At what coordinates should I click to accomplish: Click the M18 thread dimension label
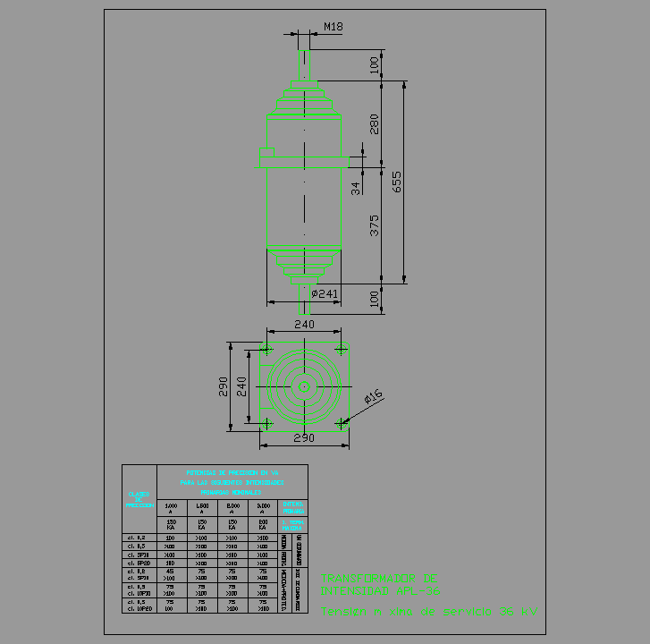[x=333, y=27]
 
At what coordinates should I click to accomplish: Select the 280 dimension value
[x=375, y=123]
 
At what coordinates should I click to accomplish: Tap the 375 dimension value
[x=375, y=225]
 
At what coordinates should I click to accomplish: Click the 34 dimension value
[x=356, y=188]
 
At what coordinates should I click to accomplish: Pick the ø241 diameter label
[x=325, y=293]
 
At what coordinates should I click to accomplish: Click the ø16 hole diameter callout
[x=373, y=395]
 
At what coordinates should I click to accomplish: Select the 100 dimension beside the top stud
[x=375, y=64]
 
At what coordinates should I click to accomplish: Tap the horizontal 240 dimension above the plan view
[x=305, y=325]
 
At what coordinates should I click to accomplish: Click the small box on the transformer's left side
[x=262, y=158]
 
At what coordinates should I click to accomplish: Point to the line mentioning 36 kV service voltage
[x=430, y=613]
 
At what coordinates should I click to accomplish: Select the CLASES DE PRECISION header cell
[x=139, y=499]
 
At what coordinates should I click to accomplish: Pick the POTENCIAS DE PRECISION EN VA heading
[x=232, y=471]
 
